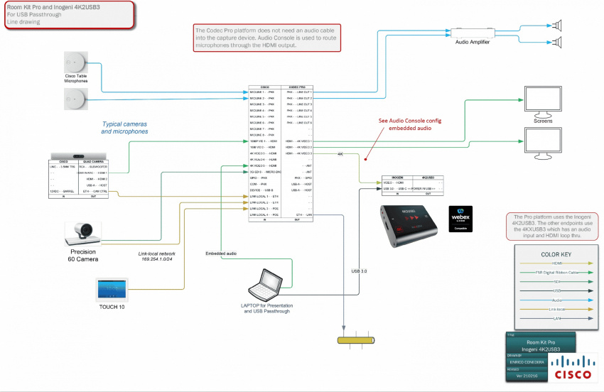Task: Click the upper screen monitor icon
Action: tap(542, 102)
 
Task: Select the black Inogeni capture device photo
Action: tap(404, 222)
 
